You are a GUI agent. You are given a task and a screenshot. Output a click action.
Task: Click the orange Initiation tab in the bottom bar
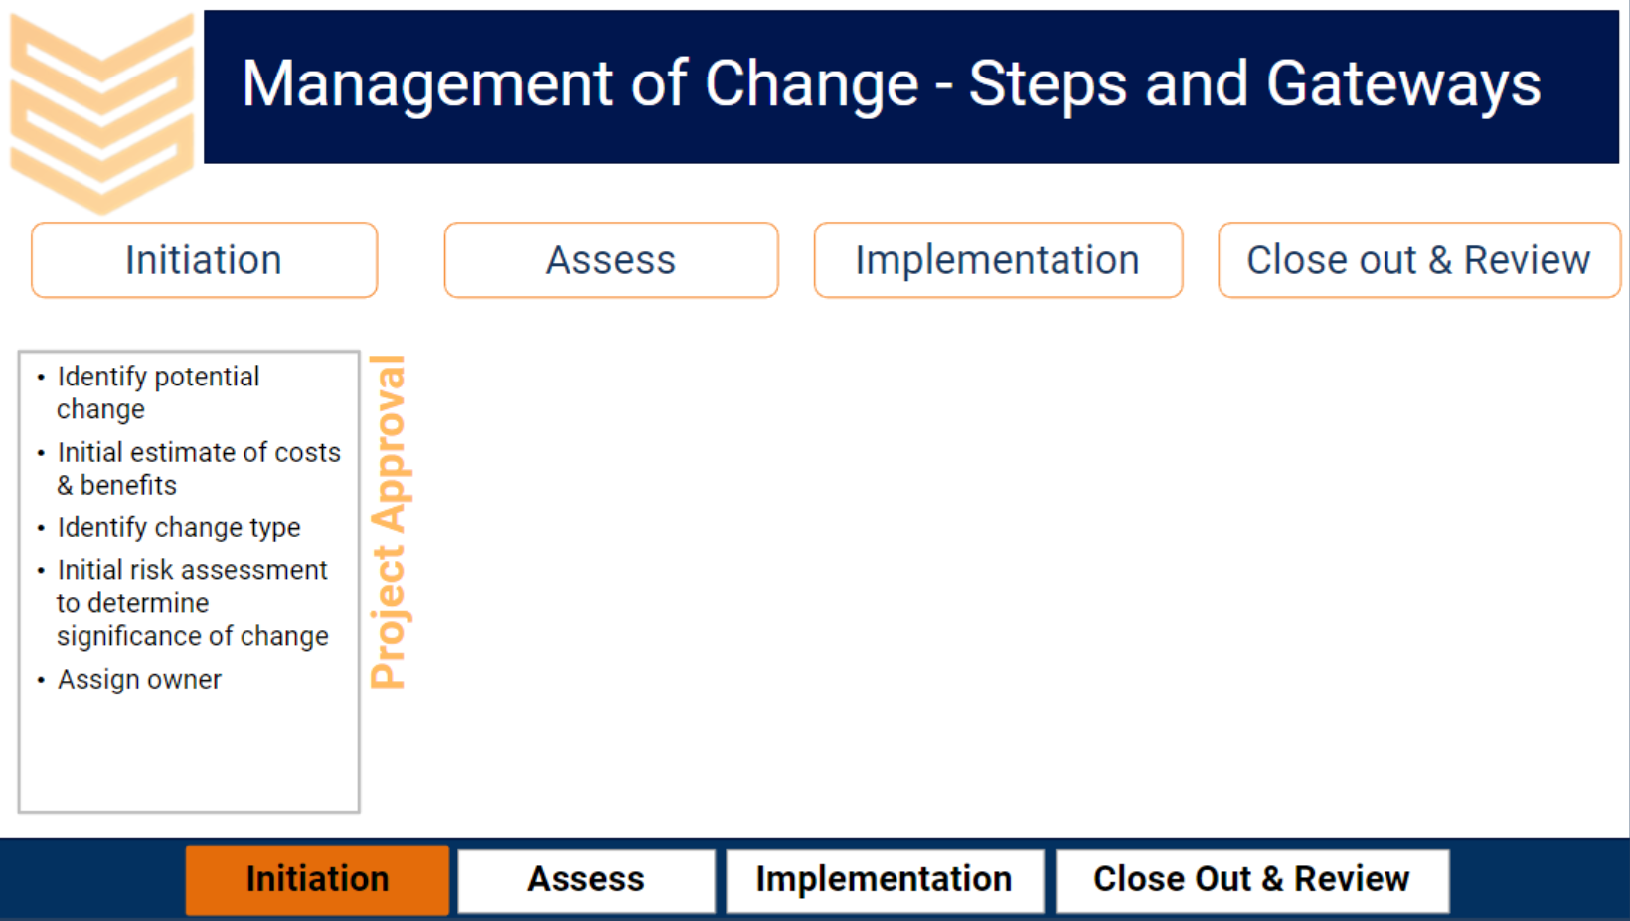[x=317, y=879]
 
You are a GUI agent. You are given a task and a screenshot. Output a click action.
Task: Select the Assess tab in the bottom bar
[x=585, y=880]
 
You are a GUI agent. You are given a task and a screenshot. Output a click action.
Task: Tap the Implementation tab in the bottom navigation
[x=885, y=880]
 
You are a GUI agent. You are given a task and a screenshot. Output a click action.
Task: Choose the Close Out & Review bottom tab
[x=1251, y=880]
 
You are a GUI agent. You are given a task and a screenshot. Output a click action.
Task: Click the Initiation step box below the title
[x=205, y=260]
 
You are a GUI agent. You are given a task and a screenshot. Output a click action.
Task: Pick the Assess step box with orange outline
[x=611, y=260]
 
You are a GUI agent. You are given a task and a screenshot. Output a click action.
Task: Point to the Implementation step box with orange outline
[x=998, y=260]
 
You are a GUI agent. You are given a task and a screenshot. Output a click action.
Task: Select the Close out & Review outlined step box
[x=1419, y=260]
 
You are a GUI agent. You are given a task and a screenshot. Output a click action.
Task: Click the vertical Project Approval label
[x=389, y=522]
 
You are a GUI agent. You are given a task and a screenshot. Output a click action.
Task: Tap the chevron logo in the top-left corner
[x=101, y=112]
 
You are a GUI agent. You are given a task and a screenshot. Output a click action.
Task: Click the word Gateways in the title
[x=1403, y=85]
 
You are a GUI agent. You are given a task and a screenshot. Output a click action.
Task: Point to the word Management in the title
[x=427, y=85]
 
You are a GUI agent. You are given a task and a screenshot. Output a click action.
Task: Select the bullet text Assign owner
[x=140, y=680]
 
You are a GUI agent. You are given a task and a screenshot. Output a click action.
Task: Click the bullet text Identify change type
[x=179, y=528]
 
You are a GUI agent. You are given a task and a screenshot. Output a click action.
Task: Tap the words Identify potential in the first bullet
[x=159, y=377]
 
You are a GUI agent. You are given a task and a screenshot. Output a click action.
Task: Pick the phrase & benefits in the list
[x=116, y=485]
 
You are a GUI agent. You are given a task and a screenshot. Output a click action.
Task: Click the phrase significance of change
[x=193, y=637]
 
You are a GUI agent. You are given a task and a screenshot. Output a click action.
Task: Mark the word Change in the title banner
[x=811, y=85]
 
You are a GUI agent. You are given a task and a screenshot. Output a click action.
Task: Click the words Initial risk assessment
[x=193, y=571]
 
